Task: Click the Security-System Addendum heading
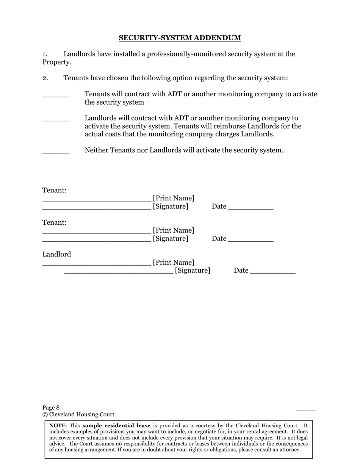[180, 38]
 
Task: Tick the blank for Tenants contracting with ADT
[56, 96]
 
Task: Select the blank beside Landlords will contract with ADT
[56, 120]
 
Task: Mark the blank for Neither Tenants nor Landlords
[56, 152]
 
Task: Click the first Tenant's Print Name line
[97, 200]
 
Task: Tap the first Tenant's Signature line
[97, 208]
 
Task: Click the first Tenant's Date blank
[251, 208]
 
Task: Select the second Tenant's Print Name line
[97, 232]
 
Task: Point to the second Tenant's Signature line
[97, 240]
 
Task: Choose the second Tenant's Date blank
[251, 240]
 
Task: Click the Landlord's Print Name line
[97, 264]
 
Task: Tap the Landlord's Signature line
[119, 272]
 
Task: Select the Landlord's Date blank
[273, 272]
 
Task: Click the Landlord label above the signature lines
[56, 254]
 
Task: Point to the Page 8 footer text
[51, 408]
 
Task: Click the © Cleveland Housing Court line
[78, 414]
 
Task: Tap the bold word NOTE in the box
[57, 425]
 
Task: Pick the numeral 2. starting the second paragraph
[45, 78]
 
